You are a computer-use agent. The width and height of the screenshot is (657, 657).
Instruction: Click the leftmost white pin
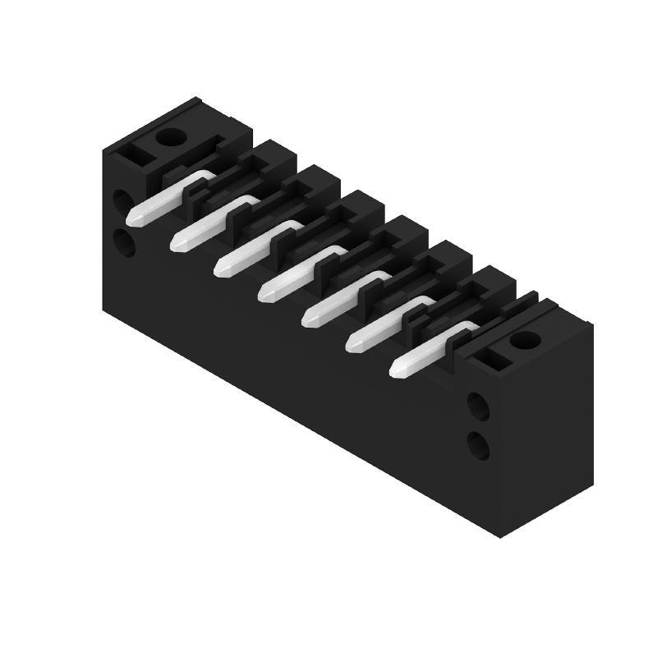pos(168,198)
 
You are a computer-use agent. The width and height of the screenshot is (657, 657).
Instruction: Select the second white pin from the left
pos(212,223)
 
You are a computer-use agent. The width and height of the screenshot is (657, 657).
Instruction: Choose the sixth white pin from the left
pos(387,323)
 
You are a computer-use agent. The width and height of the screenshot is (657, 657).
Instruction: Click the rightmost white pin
pos(430,348)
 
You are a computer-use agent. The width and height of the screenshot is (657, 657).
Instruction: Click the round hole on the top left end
pos(170,136)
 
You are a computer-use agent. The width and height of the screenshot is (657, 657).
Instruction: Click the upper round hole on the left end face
pos(122,200)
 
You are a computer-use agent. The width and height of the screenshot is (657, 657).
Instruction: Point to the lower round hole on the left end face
pos(123,242)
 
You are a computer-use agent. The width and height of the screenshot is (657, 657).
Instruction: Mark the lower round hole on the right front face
pos(478,445)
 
